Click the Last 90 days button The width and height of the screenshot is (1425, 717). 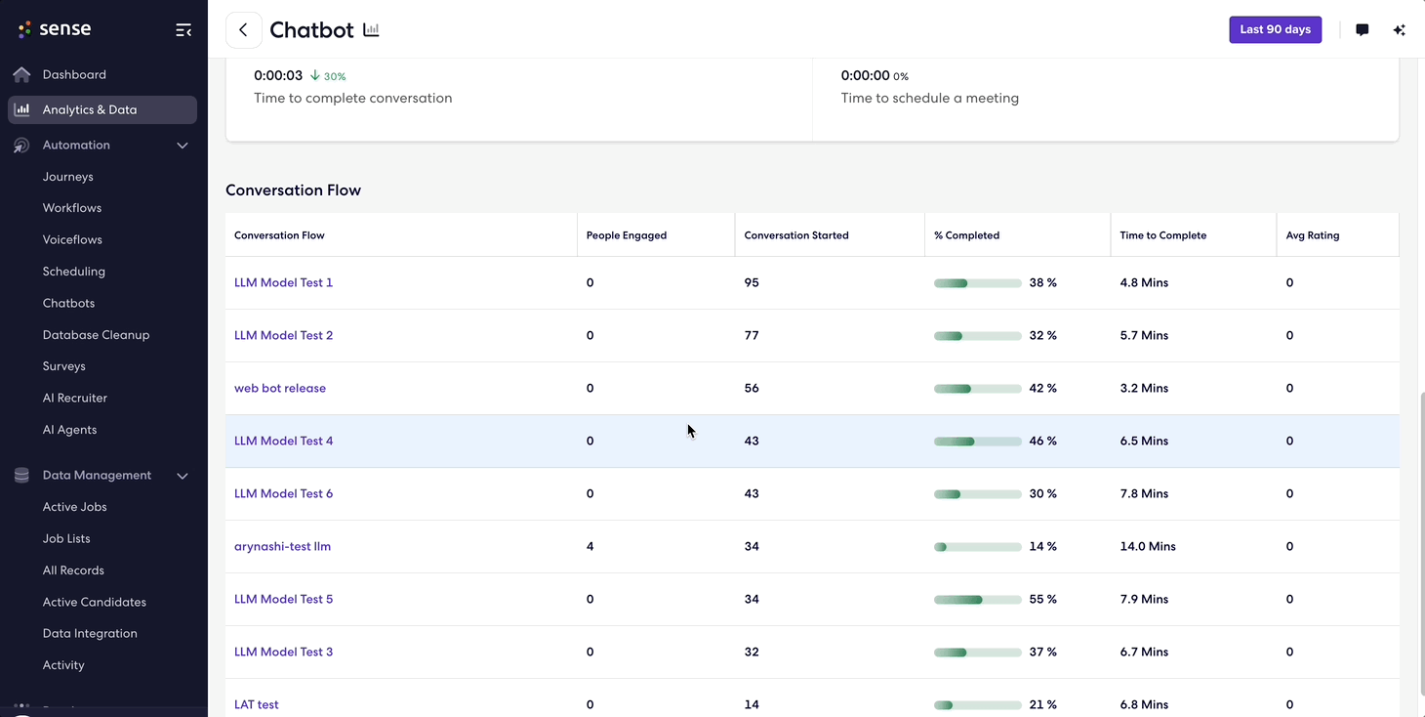1275,29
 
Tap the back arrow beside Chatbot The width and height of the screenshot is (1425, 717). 243,30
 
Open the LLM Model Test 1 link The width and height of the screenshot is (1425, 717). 283,282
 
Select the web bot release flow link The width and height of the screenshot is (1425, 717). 280,388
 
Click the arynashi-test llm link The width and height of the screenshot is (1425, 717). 282,546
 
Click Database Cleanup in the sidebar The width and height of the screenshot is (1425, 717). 96,334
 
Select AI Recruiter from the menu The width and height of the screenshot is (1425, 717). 74,398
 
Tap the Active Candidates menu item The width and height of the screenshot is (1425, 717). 94,602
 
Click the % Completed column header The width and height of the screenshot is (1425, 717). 966,235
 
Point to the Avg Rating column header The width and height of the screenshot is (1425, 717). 1313,235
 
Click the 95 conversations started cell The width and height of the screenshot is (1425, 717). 752,282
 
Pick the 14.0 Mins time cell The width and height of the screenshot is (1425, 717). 1148,546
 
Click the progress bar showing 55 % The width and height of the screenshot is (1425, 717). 977,599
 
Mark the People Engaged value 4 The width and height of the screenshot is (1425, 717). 590,546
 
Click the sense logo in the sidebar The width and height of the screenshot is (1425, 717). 55,28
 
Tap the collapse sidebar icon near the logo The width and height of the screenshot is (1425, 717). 183,30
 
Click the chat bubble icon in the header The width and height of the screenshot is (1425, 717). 1362,29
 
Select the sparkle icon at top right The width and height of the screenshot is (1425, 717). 1399,29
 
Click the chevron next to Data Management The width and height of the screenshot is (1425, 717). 183,476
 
